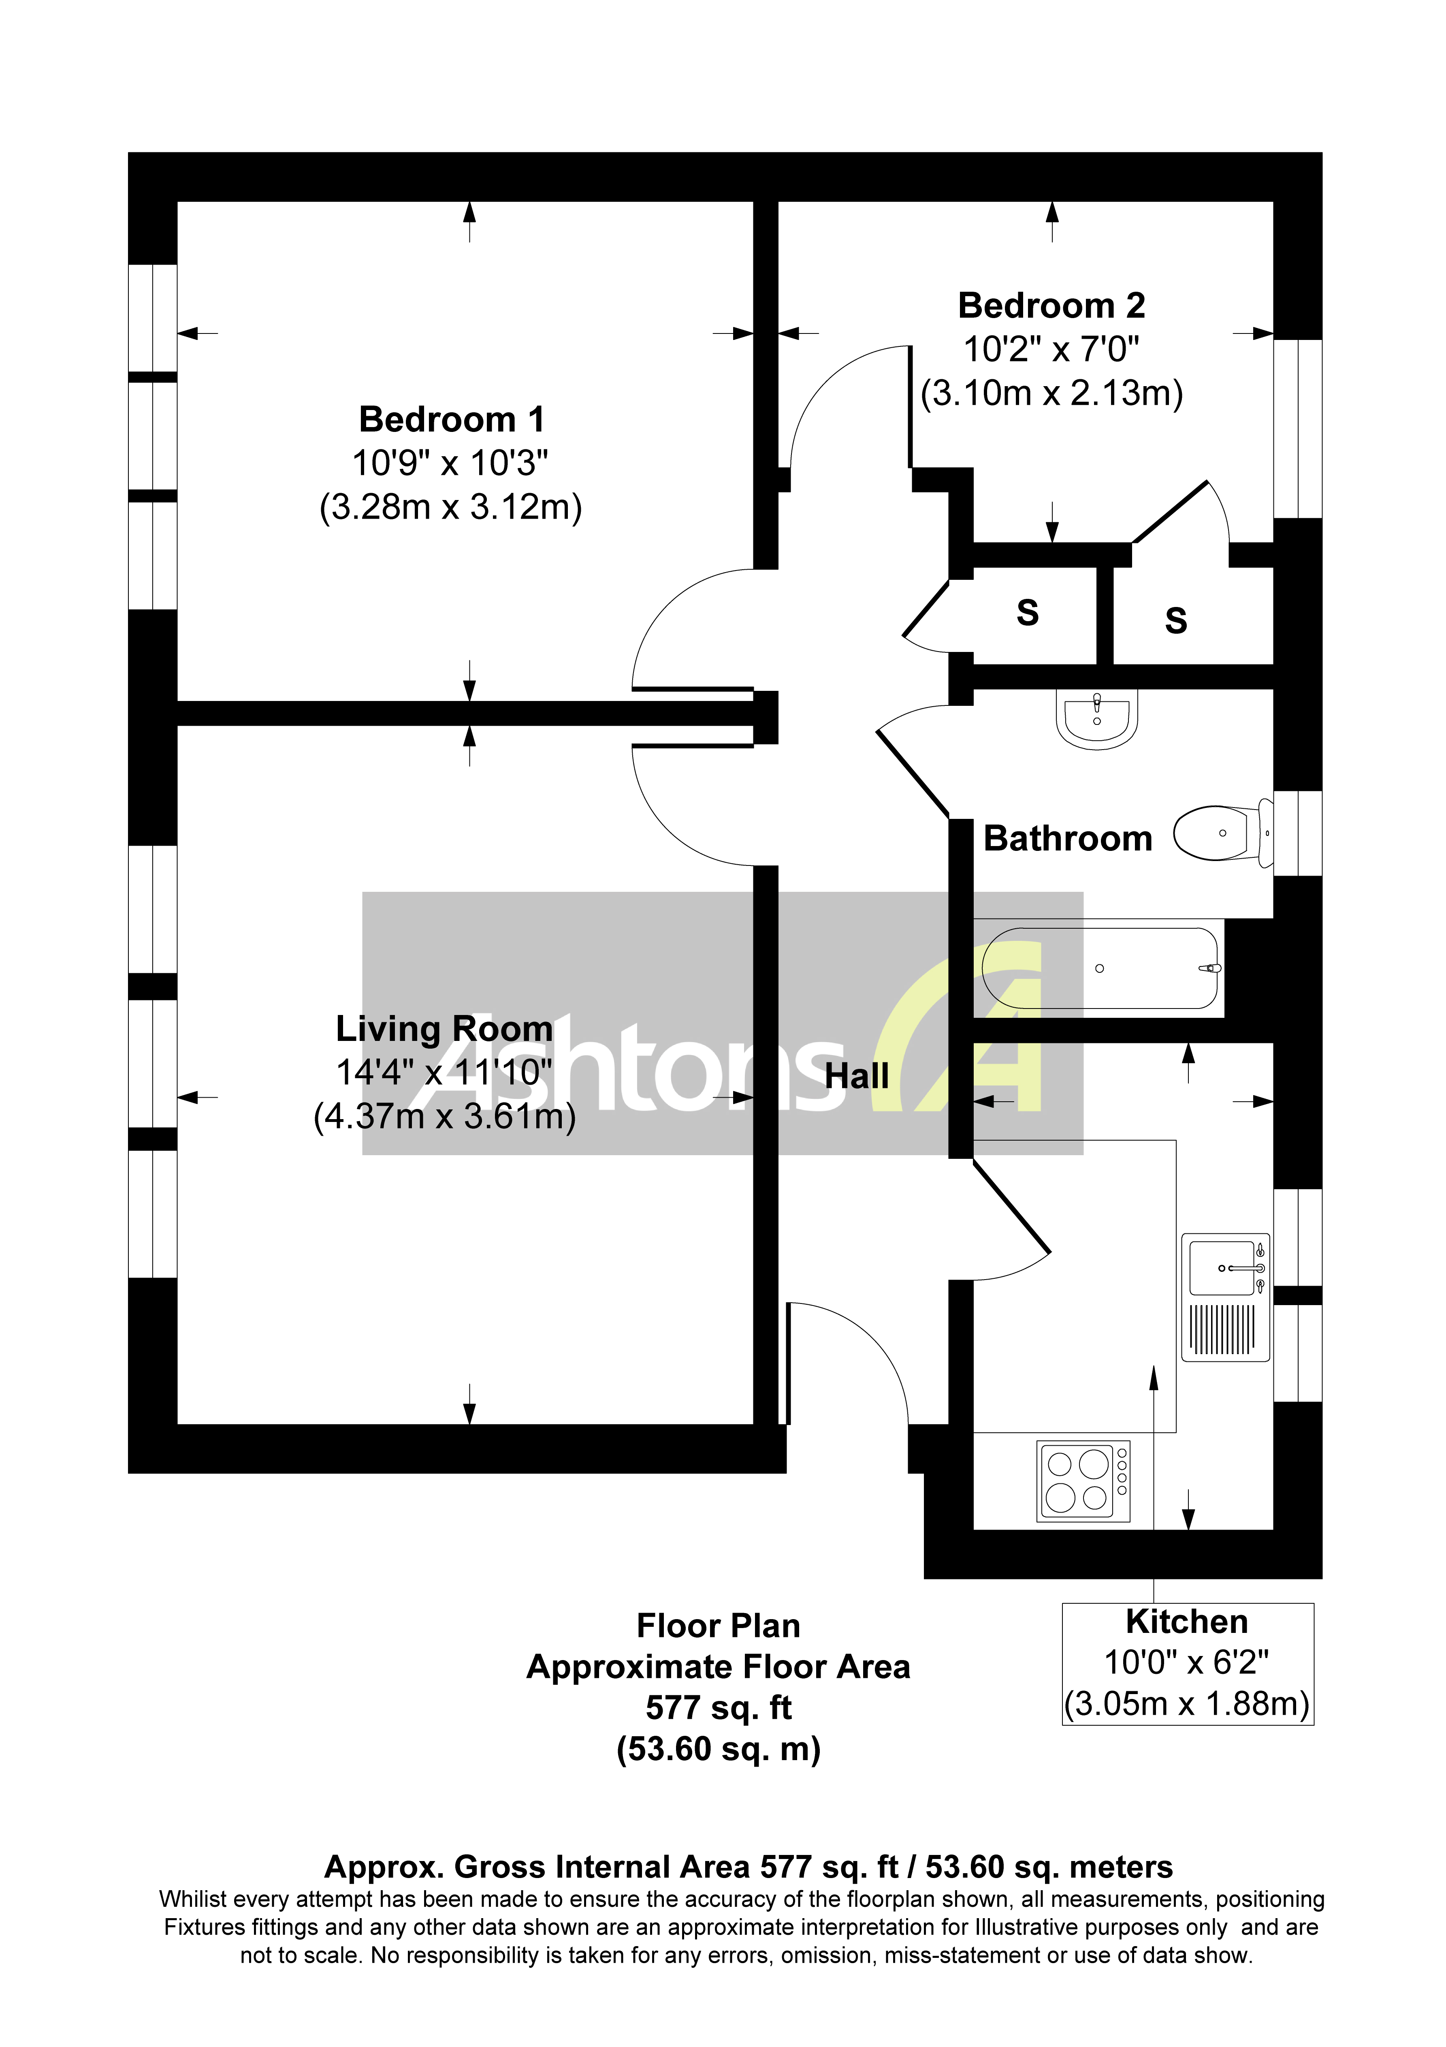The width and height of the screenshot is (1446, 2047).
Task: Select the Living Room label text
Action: [x=444, y=1029]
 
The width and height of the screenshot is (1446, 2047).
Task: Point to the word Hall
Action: [x=856, y=1076]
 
